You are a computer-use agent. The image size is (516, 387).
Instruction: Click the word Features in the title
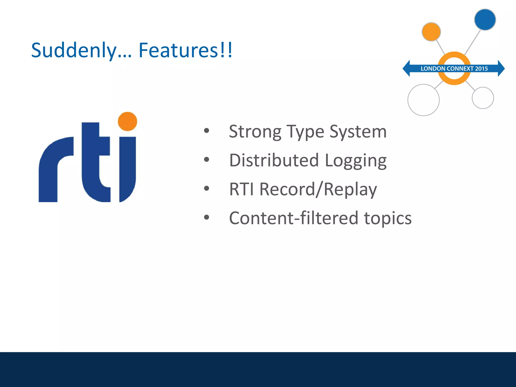point(178,50)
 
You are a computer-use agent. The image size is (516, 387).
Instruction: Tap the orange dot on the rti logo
point(127,121)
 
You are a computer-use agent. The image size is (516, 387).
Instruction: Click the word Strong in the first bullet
point(255,132)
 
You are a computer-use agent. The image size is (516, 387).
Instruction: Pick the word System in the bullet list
point(358,132)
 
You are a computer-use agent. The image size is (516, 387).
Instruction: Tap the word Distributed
point(274,160)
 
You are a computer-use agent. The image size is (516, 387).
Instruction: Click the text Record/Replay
point(318,189)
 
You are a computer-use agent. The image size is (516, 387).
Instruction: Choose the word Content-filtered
point(294,218)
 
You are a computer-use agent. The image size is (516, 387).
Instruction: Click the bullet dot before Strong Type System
point(207,131)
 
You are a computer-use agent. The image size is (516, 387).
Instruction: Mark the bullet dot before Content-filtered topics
point(207,217)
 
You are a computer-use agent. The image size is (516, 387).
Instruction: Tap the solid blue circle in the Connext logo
point(485,20)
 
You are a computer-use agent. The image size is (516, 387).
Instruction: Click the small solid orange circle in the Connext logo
point(431,32)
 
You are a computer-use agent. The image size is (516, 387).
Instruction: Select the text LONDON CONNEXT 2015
point(454,69)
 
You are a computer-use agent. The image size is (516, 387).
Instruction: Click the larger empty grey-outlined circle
point(424,100)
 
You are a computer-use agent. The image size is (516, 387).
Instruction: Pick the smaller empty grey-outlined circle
point(483,98)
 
